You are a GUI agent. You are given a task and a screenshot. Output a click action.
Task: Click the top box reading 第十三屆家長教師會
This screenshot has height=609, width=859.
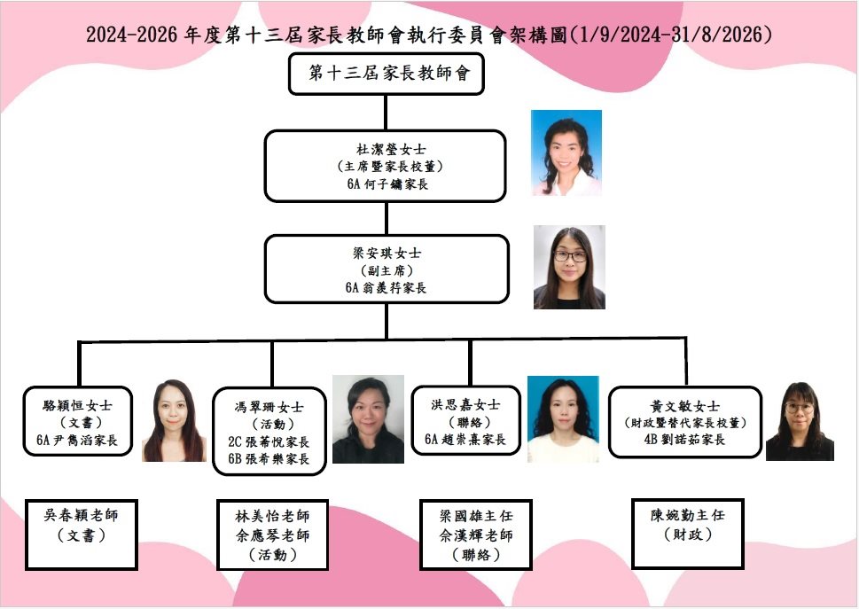point(386,74)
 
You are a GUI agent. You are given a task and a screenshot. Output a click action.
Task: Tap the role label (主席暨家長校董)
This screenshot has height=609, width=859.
point(386,167)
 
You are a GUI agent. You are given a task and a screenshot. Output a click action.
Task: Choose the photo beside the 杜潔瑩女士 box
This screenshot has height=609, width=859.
point(566,152)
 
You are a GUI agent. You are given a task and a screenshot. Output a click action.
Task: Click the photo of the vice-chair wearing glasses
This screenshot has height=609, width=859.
point(569,267)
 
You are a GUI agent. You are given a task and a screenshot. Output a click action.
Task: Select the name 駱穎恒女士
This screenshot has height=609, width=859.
point(78,405)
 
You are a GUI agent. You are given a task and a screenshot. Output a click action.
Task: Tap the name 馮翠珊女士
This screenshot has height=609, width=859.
point(271,408)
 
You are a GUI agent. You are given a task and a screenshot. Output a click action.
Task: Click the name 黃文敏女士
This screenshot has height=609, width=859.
point(686,406)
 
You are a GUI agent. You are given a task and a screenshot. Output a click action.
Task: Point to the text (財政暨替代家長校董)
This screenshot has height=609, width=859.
point(686,423)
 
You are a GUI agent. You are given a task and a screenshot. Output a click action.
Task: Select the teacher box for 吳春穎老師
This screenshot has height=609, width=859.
point(81,534)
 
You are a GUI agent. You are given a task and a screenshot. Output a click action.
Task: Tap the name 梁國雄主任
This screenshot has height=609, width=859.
point(476,516)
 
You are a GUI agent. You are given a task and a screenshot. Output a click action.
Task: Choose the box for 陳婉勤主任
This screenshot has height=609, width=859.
point(687,533)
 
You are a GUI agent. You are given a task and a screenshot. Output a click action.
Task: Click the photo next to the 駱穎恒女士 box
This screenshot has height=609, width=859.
point(174,421)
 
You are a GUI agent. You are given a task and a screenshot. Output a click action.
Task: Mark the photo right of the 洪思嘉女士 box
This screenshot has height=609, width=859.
point(563,419)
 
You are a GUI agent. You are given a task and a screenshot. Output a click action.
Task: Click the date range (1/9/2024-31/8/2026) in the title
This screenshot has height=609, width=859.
point(671,35)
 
